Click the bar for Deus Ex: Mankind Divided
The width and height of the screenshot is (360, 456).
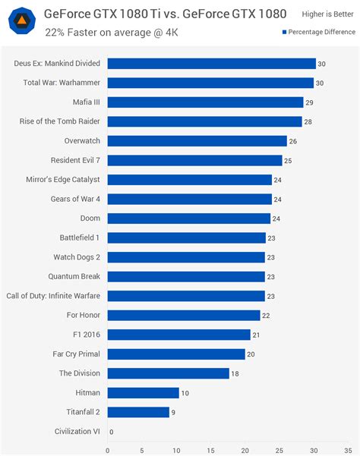(x=211, y=64)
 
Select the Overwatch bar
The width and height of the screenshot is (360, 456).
(x=197, y=141)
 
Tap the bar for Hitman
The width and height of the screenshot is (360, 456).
(x=143, y=393)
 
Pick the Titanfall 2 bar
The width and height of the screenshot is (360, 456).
(x=138, y=412)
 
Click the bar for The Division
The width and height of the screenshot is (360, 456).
(x=168, y=373)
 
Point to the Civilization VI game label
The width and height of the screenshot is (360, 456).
(x=77, y=432)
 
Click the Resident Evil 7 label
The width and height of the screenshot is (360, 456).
(x=76, y=160)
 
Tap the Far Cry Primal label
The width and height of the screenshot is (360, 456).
(x=79, y=354)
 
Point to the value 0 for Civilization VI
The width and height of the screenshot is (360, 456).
(x=112, y=432)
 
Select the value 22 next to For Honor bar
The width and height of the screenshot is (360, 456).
(x=266, y=315)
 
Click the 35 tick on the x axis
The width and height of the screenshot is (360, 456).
(x=348, y=449)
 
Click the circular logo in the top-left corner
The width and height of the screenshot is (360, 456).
(x=21, y=20)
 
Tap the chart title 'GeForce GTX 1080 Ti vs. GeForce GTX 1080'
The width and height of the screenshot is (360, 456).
(x=165, y=13)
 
